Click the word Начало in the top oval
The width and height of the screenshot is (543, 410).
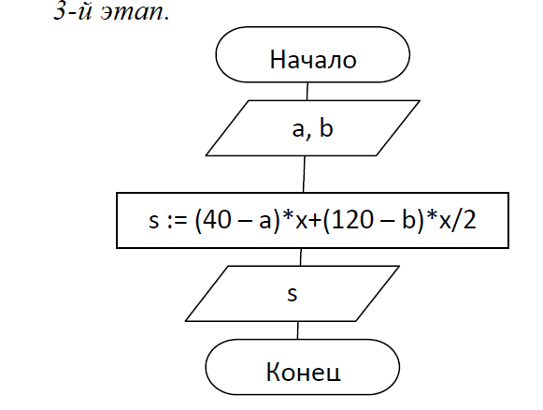313,59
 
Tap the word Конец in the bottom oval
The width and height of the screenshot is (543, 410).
304,372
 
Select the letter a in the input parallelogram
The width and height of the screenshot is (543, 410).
298,130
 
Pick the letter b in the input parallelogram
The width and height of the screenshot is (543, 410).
326,127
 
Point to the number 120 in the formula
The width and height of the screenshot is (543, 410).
354,219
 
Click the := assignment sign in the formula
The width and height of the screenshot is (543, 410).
177,222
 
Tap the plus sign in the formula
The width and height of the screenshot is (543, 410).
315,221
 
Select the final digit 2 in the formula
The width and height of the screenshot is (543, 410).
469,219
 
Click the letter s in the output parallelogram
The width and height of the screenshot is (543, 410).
293,294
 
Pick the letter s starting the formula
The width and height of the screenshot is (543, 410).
154,221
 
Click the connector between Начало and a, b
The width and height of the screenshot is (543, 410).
307,91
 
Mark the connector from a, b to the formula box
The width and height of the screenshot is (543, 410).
304,174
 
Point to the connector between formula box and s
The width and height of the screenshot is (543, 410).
301,257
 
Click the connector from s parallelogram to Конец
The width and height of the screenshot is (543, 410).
297,330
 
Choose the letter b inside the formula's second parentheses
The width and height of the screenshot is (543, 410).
408,219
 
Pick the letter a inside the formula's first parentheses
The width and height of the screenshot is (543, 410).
265,222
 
